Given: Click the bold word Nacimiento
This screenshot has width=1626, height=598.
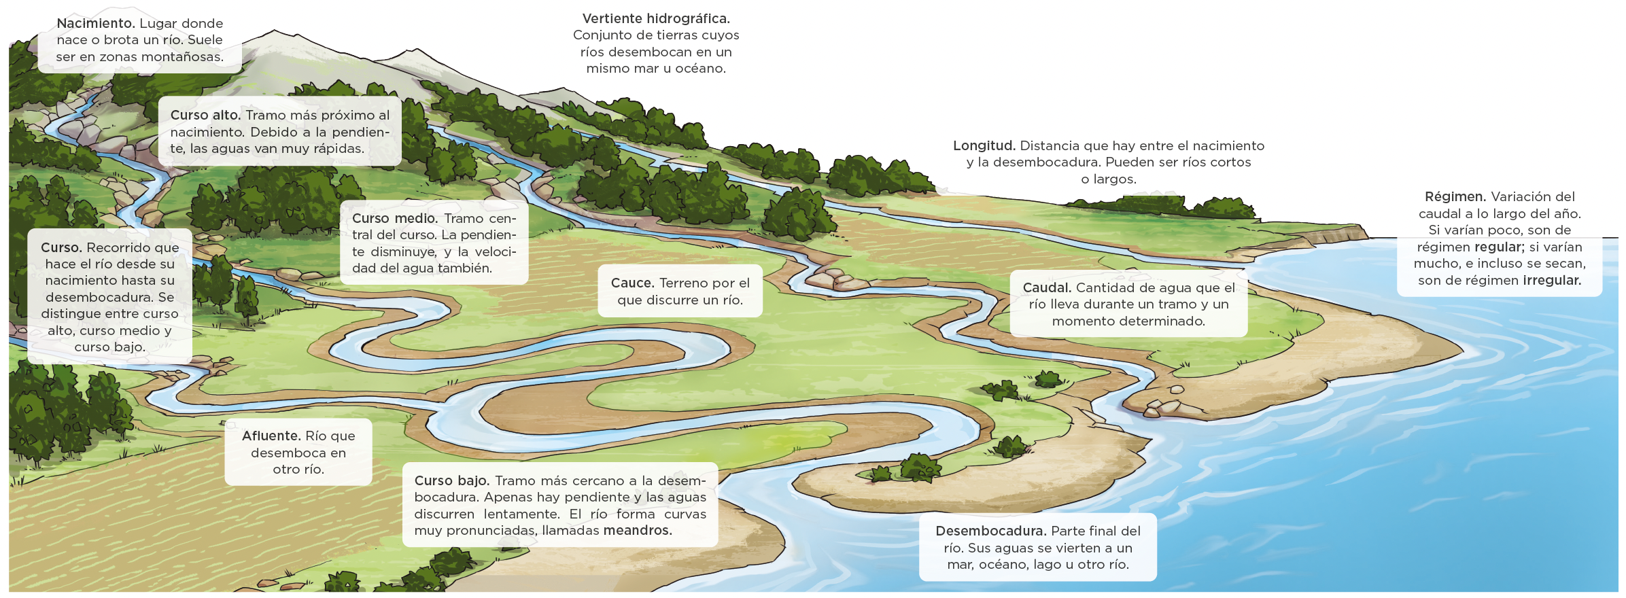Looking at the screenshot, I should coord(95,24).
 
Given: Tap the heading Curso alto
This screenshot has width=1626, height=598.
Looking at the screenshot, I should coord(205,116).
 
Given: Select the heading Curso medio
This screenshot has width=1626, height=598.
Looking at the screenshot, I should coord(394,219).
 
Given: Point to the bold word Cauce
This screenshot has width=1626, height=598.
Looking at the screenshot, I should coord(632,283).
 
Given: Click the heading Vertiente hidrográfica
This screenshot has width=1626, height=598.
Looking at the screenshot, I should coord(656,19).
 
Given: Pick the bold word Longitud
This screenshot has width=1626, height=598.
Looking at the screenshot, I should coord(984,146).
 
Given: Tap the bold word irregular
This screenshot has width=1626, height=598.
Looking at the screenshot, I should coord(1552,281).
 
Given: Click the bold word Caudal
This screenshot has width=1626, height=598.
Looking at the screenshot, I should coord(1047,288).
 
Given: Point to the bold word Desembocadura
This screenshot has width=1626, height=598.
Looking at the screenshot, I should coord(990,531).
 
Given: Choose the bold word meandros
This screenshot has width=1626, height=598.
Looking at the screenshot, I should coord(637,531).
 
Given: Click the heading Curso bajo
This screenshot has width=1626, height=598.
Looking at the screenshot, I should coord(452,481).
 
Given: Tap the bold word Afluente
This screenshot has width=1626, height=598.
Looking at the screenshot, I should coord(271,436).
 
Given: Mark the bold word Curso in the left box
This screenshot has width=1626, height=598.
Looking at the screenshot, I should coord(61,248).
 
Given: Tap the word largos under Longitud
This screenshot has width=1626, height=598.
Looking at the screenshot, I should coord(1114,179).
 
